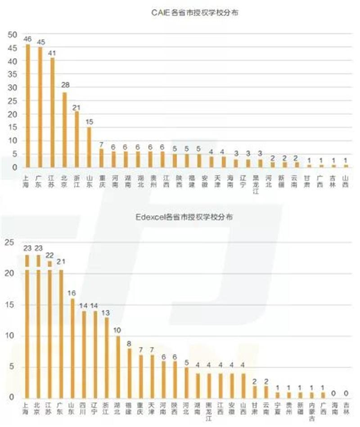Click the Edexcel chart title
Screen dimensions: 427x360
tap(184, 218)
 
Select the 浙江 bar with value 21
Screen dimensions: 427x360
tap(77, 139)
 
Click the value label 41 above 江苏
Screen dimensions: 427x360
tap(53, 53)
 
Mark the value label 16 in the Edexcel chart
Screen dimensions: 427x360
tap(72, 293)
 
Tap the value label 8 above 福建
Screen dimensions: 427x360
tap(130, 343)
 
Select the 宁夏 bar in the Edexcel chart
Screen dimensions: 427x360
tap(278, 395)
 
